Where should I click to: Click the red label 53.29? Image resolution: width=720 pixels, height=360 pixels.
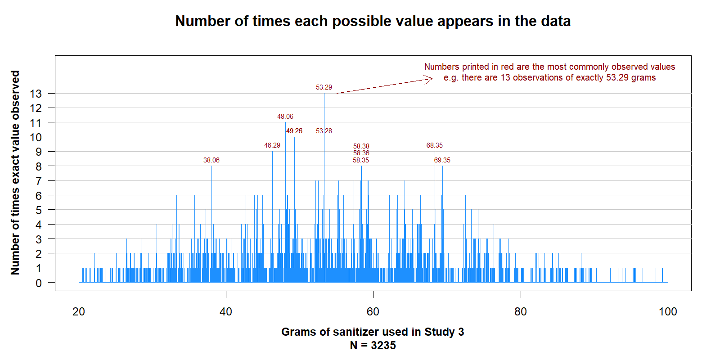pos(324,87)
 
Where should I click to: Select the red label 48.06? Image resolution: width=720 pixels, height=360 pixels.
pos(285,117)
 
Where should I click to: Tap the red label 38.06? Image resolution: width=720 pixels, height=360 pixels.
pos(211,160)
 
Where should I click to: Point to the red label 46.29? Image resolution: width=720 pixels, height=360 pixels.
pos(272,145)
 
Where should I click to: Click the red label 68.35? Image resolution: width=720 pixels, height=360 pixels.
pos(435,145)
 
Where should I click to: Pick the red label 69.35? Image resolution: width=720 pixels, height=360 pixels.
pos(442,160)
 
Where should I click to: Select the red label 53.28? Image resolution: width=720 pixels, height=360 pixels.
pos(324,131)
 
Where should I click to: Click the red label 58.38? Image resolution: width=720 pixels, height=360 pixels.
pos(361,146)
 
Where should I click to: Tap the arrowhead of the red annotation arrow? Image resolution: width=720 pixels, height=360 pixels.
pos(432,78)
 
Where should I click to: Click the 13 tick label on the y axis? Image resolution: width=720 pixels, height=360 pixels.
pos(36,94)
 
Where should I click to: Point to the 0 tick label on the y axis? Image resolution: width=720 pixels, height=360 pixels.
pos(39,283)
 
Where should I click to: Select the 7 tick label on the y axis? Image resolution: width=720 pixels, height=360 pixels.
pos(39,181)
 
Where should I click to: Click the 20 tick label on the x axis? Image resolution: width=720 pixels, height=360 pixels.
pos(79,311)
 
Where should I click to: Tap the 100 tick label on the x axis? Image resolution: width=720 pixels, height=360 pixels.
pos(668,311)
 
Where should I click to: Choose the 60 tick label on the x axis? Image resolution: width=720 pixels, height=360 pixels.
pos(373,311)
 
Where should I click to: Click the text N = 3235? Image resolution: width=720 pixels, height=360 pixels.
pos(373,345)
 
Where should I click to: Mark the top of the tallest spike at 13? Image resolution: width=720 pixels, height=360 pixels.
pos(324,94)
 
